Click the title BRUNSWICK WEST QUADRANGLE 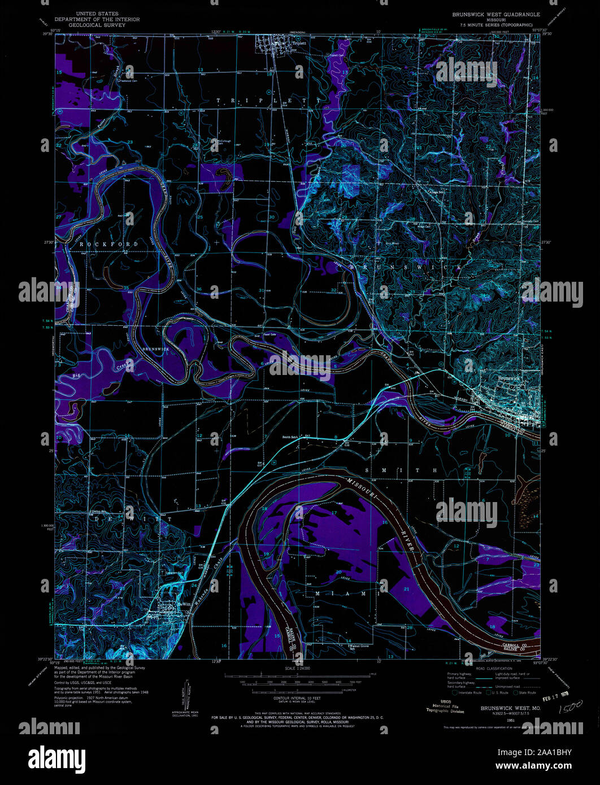495,14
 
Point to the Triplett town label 299,43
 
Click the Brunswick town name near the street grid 510,378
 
